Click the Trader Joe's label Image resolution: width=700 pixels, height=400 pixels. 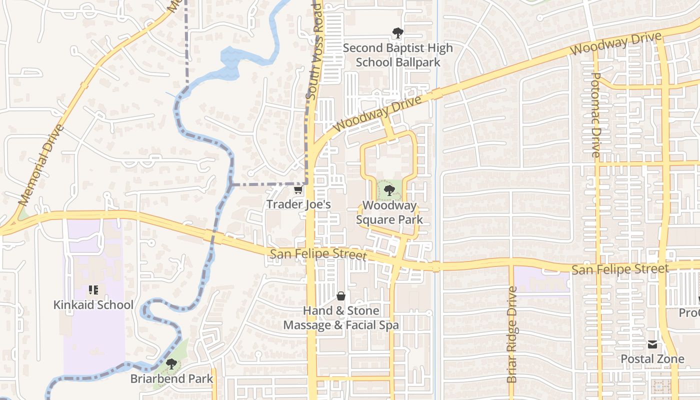coord(298,204)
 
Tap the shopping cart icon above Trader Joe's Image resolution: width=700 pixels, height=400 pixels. coord(298,190)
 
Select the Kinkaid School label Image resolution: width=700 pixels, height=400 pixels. coord(93,305)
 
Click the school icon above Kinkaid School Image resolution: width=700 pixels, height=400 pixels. coord(93,290)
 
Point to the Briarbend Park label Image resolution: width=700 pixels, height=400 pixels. coord(171,378)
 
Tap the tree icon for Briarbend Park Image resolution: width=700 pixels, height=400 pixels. coord(171,364)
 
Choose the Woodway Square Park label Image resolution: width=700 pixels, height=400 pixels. coord(389,212)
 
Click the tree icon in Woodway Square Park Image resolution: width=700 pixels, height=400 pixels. coord(389,190)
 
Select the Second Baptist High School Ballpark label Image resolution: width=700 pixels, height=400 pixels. coord(397,55)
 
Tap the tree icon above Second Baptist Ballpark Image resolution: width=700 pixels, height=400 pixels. coord(397,33)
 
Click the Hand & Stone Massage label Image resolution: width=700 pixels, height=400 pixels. coord(341,318)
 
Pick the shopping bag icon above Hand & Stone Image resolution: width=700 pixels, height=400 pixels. coord(341,296)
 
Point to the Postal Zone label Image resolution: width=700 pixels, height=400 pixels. coord(652,359)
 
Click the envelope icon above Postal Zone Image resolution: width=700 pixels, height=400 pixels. coord(652,344)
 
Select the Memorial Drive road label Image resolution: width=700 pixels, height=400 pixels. coord(42,165)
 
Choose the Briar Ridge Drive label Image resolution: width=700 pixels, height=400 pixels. coord(511,335)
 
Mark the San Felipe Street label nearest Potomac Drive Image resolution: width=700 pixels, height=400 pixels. coord(620,269)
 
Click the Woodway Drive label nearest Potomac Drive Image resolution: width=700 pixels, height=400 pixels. coord(616,43)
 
